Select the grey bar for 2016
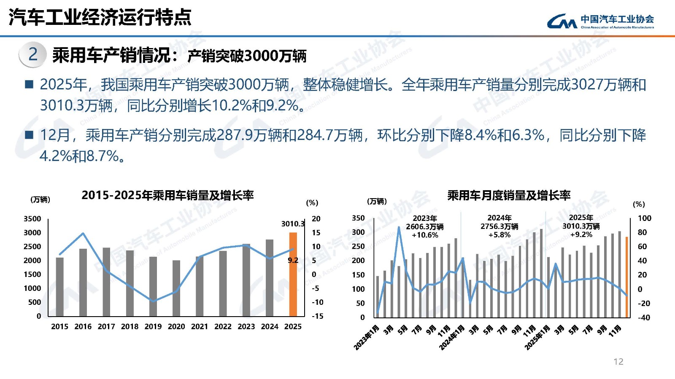[x=83, y=282]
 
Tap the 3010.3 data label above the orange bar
[x=293, y=223]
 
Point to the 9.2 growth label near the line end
[x=293, y=260]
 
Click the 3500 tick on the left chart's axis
[x=32, y=218]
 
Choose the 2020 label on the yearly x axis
[x=176, y=326]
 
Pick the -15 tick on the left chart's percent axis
[x=318, y=316]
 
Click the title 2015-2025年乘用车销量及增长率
[x=167, y=195]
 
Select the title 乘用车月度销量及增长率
[x=509, y=195]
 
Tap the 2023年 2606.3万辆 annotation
[x=425, y=226]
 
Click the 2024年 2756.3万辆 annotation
[x=499, y=226]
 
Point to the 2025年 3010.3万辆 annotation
[x=581, y=226]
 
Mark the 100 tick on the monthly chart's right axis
[x=644, y=218]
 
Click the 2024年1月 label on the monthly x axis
[x=452, y=337]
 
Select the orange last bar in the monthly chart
[x=627, y=277]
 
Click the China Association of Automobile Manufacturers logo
[x=600, y=21]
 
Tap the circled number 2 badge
[x=32, y=54]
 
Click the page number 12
[x=618, y=361]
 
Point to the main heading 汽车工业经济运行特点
[x=100, y=17]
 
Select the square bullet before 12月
[x=29, y=135]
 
